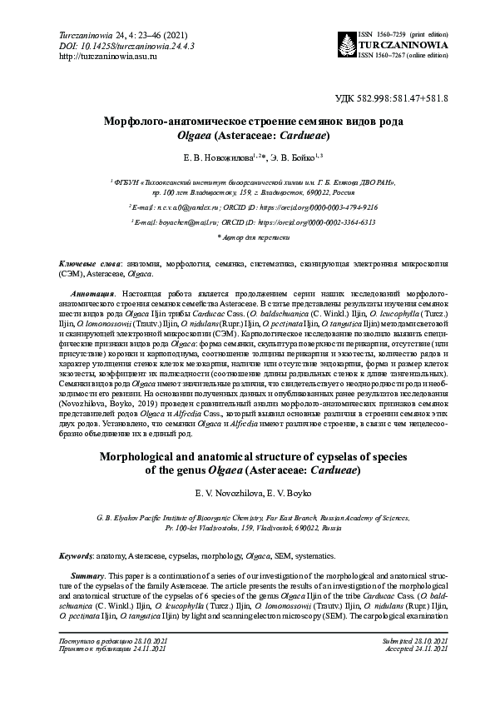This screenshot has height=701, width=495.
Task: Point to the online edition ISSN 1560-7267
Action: [x=403, y=55]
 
